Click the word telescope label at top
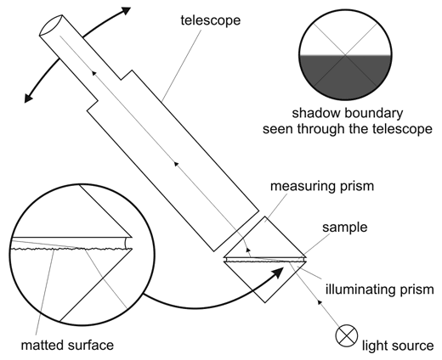(x=211, y=20)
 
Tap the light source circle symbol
(x=347, y=336)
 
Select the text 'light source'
(x=398, y=346)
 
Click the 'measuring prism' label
(x=322, y=186)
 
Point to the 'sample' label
(x=345, y=228)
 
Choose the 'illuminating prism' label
(x=380, y=290)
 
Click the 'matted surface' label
(x=67, y=346)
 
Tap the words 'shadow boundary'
(x=348, y=113)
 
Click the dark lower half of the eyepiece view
(x=345, y=77)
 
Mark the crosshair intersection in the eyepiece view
(x=345, y=55)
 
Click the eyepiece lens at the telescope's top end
(x=51, y=25)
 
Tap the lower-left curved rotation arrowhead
(x=28, y=97)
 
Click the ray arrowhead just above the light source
(x=320, y=302)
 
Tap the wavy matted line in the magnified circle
(x=72, y=249)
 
